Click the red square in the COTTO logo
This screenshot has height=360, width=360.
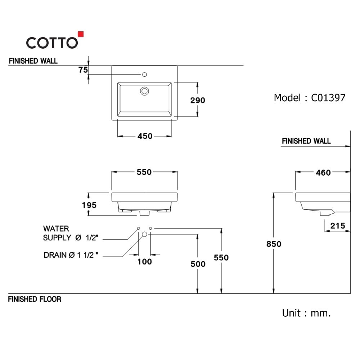pyautogui.click(x=81, y=34)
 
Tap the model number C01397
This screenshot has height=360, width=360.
pyautogui.click(x=328, y=98)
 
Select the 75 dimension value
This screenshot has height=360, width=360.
pyautogui.click(x=83, y=70)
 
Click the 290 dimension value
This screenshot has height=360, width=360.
pyautogui.click(x=198, y=100)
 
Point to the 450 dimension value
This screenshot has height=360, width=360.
pyautogui.click(x=145, y=136)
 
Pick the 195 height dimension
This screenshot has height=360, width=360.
pyautogui.click(x=89, y=205)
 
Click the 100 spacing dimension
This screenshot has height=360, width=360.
pyautogui.click(x=144, y=261)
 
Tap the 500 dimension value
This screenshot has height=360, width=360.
pyautogui.click(x=198, y=264)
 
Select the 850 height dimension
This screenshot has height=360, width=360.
pyautogui.click(x=274, y=244)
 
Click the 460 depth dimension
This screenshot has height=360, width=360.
pyautogui.click(x=323, y=173)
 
